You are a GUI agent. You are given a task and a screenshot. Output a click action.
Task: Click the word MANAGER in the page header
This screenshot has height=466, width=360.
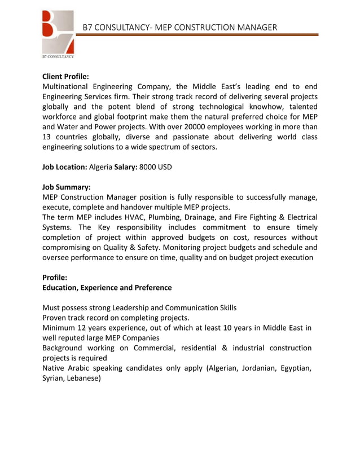(256, 27)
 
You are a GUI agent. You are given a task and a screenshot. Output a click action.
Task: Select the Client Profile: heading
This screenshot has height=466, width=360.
(66, 76)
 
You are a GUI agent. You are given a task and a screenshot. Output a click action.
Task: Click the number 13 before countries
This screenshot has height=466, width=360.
(47, 137)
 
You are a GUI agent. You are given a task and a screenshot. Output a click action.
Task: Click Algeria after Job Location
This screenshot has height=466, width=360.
(101, 167)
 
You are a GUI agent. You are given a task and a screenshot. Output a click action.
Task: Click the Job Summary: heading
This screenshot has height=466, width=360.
(67, 187)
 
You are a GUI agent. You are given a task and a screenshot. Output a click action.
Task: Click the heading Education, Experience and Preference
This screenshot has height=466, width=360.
(107, 288)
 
